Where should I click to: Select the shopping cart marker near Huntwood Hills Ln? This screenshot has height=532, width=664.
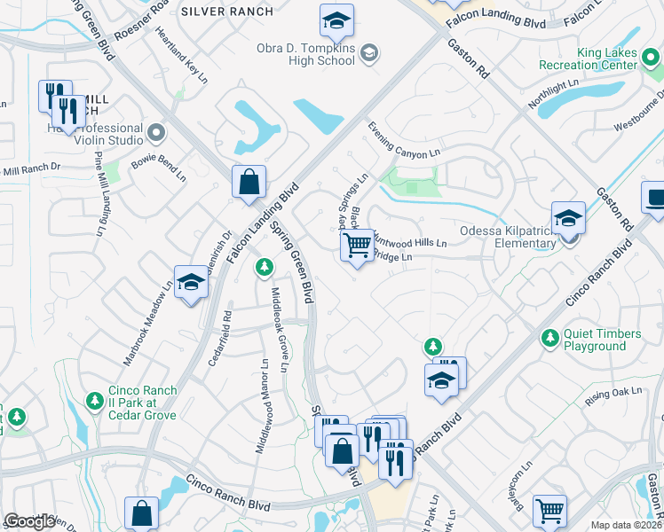tap(357, 245)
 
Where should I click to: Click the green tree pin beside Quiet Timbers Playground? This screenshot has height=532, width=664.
tap(549, 338)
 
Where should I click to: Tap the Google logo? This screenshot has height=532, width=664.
tap(29, 521)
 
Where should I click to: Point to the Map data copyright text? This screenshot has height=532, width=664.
tap(627, 525)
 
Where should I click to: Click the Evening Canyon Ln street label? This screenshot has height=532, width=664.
tap(405, 140)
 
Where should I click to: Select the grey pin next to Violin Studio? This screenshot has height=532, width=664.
tap(158, 133)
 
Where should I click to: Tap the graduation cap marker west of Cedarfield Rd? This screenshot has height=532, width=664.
tap(191, 283)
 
